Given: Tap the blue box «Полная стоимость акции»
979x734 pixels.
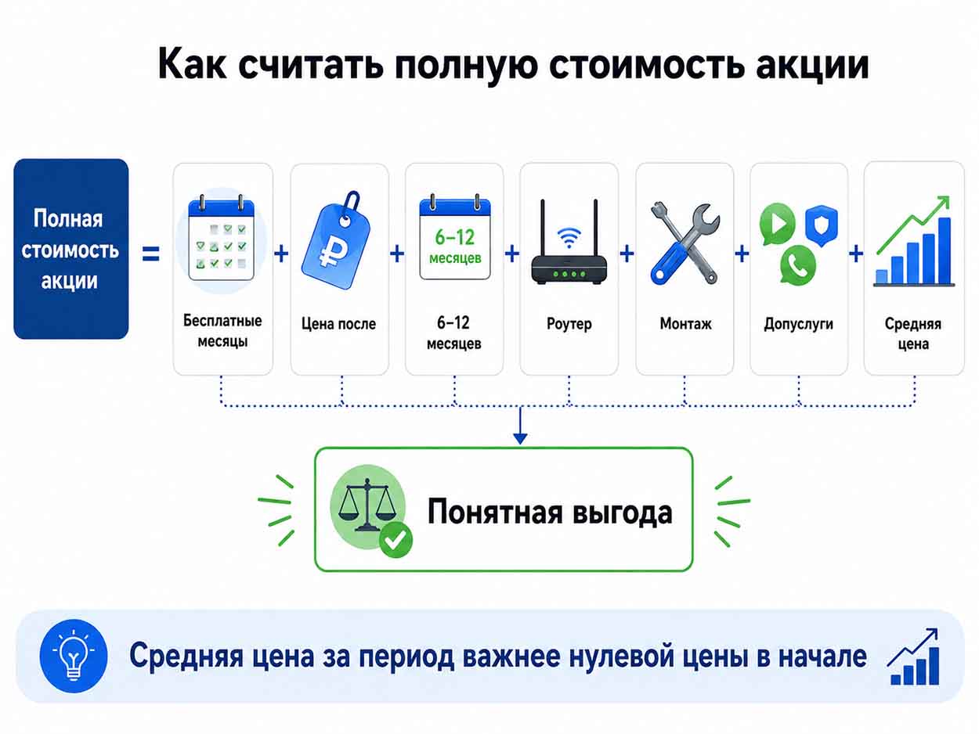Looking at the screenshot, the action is [71, 249].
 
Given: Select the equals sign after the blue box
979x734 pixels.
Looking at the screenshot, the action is [150, 254].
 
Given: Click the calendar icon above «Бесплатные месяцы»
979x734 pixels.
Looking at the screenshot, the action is [222, 239].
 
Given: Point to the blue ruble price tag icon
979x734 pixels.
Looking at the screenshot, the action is [337, 241].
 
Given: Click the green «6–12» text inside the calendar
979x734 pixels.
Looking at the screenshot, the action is [454, 237].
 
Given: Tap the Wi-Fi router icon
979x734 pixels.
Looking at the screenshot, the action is [569, 243].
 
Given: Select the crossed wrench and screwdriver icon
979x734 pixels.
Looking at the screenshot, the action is [685, 243].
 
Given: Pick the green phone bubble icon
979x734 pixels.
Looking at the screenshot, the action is [798, 265].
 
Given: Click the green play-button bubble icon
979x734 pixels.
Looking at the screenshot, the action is [778, 223].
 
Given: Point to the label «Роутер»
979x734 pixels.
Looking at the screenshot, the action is [569, 323].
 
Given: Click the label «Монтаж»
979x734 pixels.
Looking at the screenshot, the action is [685, 323].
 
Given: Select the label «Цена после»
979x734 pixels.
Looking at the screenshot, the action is [338, 323].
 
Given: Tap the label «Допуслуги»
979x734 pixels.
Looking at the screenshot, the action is [798, 324].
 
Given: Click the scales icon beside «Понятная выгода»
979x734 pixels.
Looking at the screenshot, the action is [367, 506].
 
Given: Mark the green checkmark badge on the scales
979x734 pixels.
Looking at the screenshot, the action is [396, 540].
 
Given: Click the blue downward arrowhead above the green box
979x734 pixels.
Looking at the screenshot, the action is [520, 438].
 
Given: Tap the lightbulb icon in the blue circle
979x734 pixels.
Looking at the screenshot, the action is [73, 657].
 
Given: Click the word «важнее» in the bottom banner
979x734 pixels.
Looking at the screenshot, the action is [511, 657].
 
